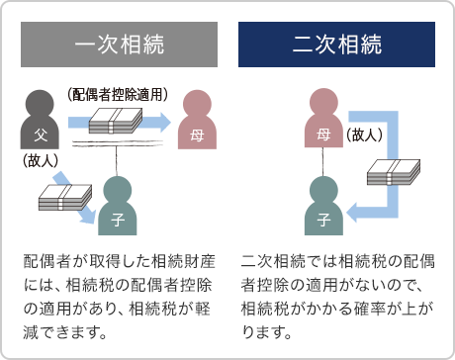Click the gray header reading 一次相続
point(120,45)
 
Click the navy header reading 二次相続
point(337,45)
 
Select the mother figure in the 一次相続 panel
point(196,121)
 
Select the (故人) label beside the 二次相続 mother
point(365,135)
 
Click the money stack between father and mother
point(118,123)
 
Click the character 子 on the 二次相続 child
point(323,216)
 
